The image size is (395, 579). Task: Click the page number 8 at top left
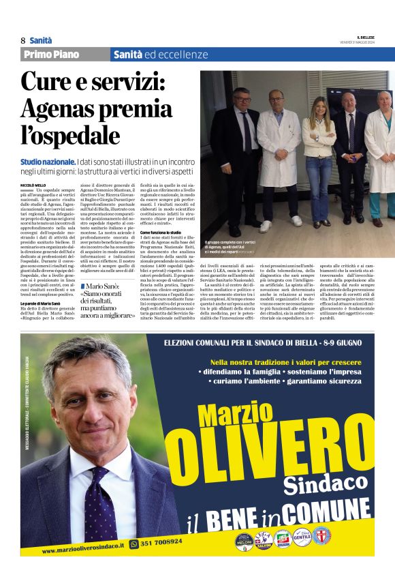pyautogui.click(x=23, y=40)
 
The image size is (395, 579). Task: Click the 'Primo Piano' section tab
pyautogui.click(x=51, y=55)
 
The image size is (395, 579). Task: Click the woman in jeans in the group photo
pyautogui.click(x=319, y=158)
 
